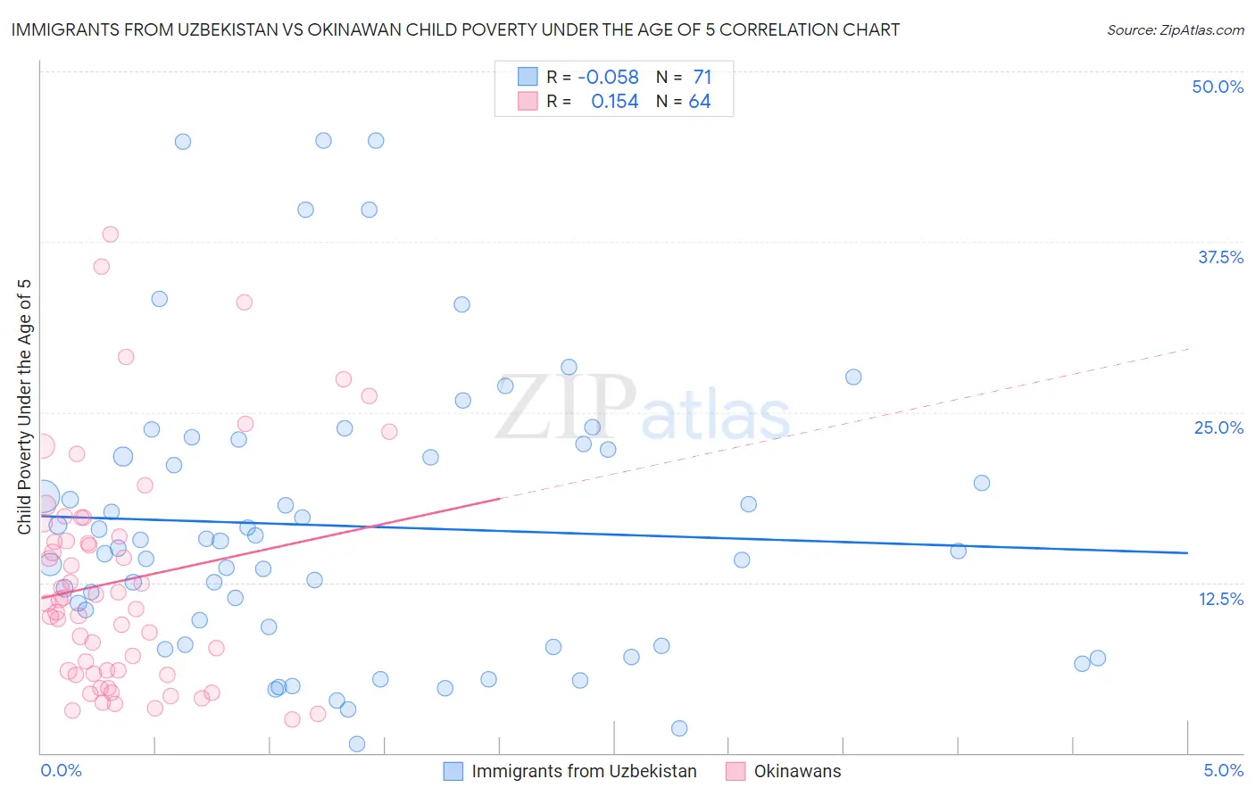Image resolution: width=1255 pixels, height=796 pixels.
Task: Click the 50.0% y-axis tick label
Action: click(1218, 87)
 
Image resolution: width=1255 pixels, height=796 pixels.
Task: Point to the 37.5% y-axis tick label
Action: click(1220, 257)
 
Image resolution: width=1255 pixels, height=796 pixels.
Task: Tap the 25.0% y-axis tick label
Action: click(1218, 427)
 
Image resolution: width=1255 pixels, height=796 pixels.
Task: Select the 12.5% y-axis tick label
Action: click(1220, 599)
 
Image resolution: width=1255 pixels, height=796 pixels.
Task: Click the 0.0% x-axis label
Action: click(61, 770)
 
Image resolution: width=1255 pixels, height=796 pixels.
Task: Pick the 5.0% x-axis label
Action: click(1223, 770)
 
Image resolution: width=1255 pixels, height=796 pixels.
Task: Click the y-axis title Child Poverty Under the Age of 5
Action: click(24, 407)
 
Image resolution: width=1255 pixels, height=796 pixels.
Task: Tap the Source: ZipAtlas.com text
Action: click(1175, 29)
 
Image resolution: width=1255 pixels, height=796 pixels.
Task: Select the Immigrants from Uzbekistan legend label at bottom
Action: click(584, 771)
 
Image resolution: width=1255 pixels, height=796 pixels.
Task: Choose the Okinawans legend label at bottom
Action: click(797, 771)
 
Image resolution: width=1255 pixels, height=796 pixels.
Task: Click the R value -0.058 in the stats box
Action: click(608, 78)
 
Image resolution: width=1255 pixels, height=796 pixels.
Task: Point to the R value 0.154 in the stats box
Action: click(614, 102)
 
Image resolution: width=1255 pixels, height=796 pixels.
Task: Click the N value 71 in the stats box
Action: click(702, 78)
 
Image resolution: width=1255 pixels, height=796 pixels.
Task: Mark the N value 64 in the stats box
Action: click(700, 102)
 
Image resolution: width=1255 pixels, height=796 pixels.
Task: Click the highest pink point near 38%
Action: click(111, 234)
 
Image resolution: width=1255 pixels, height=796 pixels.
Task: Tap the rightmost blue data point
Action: click(1098, 658)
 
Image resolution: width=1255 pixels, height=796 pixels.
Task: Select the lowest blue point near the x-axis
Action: click(357, 743)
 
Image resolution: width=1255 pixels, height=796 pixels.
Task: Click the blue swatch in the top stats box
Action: click(528, 77)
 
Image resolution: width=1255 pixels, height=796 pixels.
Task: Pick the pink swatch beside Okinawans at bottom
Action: click(736, 771)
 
